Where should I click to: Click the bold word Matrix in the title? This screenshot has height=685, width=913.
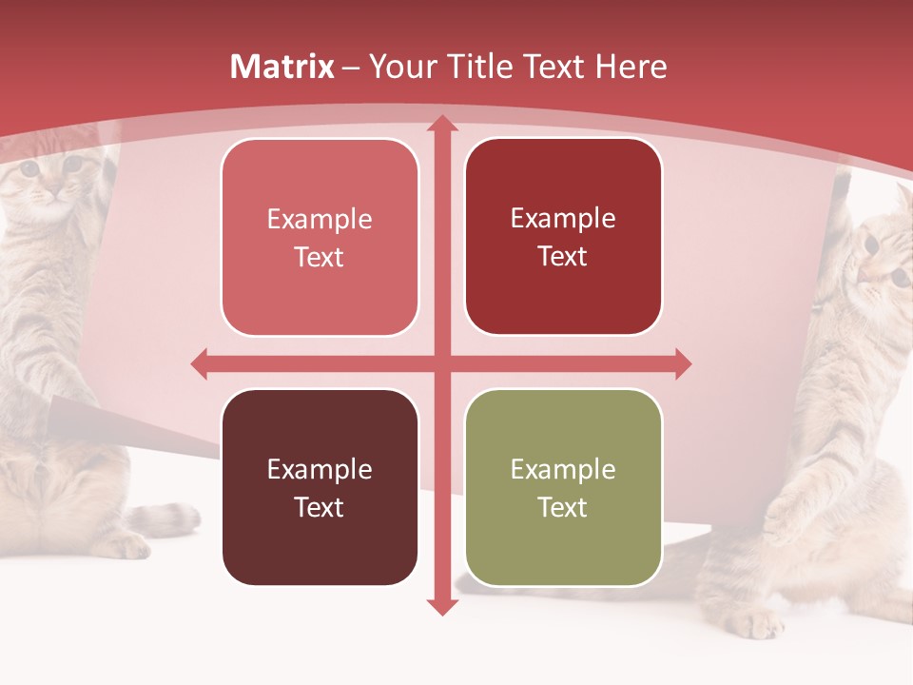pyautogui.click(x=282, y=67)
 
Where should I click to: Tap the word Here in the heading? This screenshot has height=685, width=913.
pyautogui.click(x=631, y=67)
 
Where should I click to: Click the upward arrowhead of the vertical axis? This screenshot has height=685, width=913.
pyautogui.click(x=441, y=124)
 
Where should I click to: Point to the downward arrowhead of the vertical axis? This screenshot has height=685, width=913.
pyautogui.click(x=441, y=606)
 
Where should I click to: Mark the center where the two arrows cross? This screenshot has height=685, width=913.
pyautogui.click(x=441, y=362)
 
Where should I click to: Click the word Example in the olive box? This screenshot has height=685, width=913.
pyautogui.click(x=563, y=469)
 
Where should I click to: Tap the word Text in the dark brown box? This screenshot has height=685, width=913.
pyautogui.click(x=320, y=507)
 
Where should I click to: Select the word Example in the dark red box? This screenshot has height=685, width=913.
pyautogui.click(x=563, y=219)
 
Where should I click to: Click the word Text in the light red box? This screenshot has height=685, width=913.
pyautogui.click(x=320, y=258)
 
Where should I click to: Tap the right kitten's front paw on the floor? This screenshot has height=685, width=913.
pyautogui.click(x=761, y=623)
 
